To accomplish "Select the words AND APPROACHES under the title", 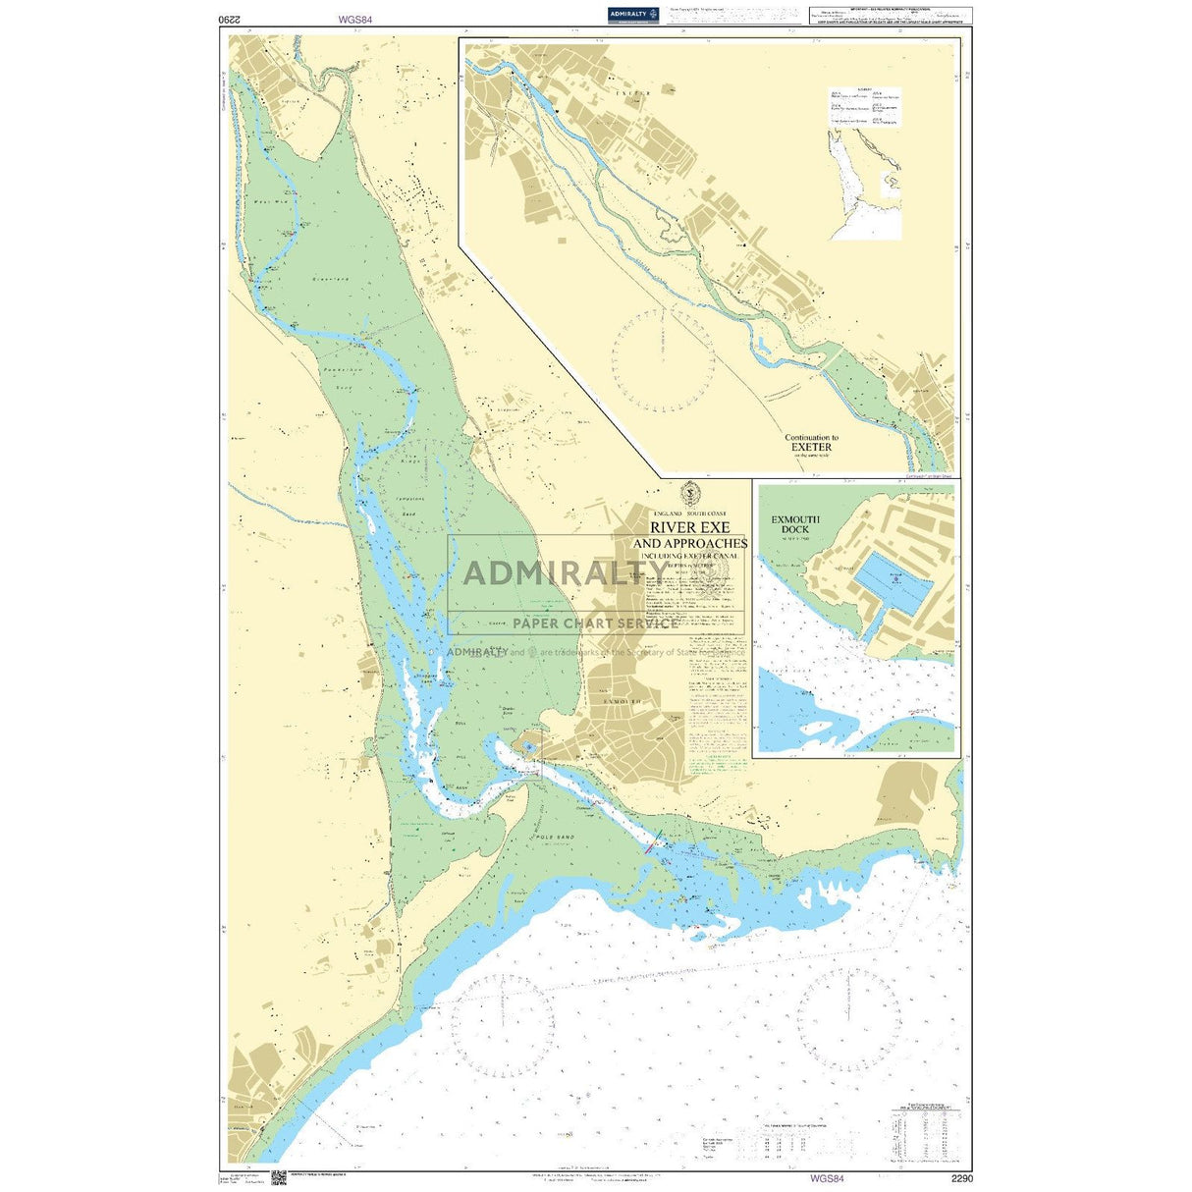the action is tap(689, 543).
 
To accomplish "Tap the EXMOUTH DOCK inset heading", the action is tap(795, 524).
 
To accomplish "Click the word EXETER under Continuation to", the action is tap(811, 447).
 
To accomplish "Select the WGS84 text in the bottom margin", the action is tap(827, 1176).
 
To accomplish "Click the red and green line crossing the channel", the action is tap(655, 840).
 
